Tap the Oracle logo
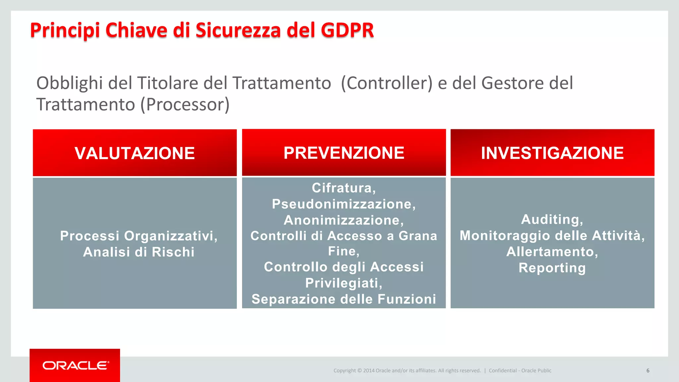point(75,365)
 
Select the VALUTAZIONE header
point(135,153)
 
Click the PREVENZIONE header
point(344,153)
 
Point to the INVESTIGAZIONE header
point(552,153)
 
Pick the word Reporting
point(552,268)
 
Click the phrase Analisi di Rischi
point(139,252)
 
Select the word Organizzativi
point(170,236)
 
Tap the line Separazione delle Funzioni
point(344,299)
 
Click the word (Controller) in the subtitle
point(387,83)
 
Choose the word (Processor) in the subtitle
point(185,105)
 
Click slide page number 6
point(648,370)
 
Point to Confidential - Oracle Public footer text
point(520,370)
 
